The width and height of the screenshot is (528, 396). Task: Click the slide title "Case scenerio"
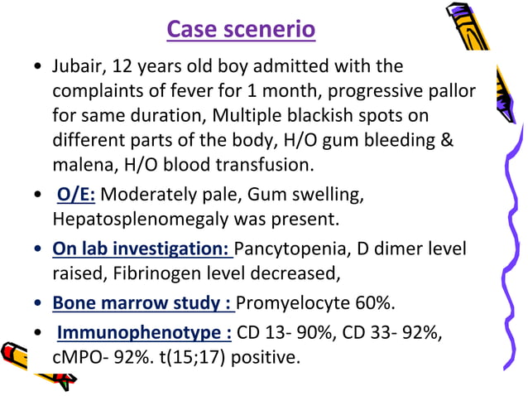pos(241,30)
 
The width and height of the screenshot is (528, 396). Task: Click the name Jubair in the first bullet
pos(77,65)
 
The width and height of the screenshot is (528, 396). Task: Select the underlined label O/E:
pos(75,196)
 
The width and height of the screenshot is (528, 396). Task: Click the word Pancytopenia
pos(285,249)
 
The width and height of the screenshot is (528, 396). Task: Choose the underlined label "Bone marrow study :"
pos(142,302)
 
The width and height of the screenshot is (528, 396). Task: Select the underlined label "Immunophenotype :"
pos(144,333)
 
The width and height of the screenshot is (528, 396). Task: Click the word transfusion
pos(264,163)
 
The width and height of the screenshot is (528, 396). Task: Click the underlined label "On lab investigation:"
pos(142,249)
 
